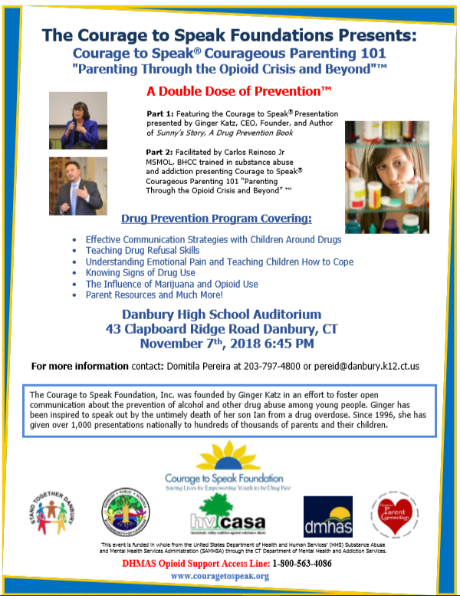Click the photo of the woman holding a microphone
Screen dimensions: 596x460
pos(78,120)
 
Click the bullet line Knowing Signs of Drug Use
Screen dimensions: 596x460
pos(140,272)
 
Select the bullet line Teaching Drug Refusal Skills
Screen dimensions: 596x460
pos(143,250)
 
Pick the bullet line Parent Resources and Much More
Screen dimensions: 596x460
pos(154,295)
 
